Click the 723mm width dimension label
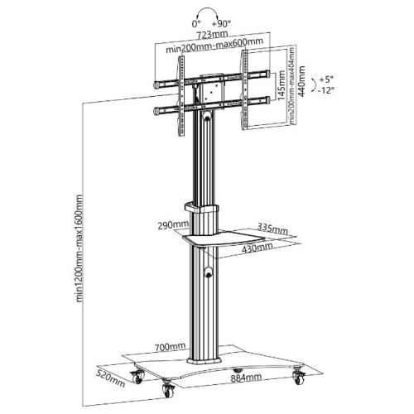212,35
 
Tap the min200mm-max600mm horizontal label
214,46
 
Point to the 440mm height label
301,81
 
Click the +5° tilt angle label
326,79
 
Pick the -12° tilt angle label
326,90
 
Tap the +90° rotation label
221,24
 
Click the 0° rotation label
195,24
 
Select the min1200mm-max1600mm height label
79,248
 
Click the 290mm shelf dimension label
173,225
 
